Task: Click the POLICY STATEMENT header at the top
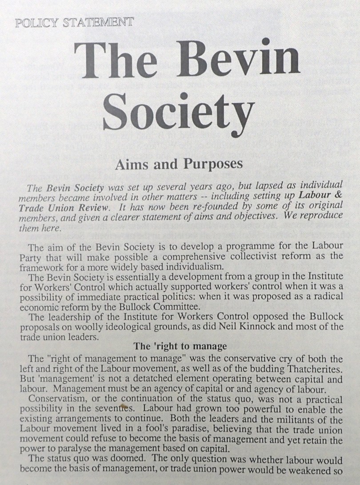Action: click(x=75, y=23)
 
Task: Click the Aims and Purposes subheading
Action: click(x=179, y=164)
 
